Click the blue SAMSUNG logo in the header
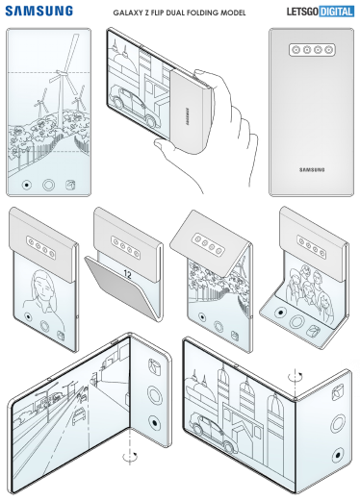pos(39,11)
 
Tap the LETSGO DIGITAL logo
pos(321,12)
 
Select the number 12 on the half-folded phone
pos(127,274)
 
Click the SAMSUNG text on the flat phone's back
pos(312,169)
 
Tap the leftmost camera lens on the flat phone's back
pos(296,50)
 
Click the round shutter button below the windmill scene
pos(48,185)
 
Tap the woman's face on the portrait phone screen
pos(42,286)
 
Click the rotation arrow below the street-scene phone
pos(130,456)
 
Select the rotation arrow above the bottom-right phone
pos(295,376)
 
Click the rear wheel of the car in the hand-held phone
pos(150,121)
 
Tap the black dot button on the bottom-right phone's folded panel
pos(338,455)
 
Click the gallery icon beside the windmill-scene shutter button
pos(70,185)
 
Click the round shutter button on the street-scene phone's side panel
pos(154,394)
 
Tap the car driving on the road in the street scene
pos(79,415)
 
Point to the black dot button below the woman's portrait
pos(28,316)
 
